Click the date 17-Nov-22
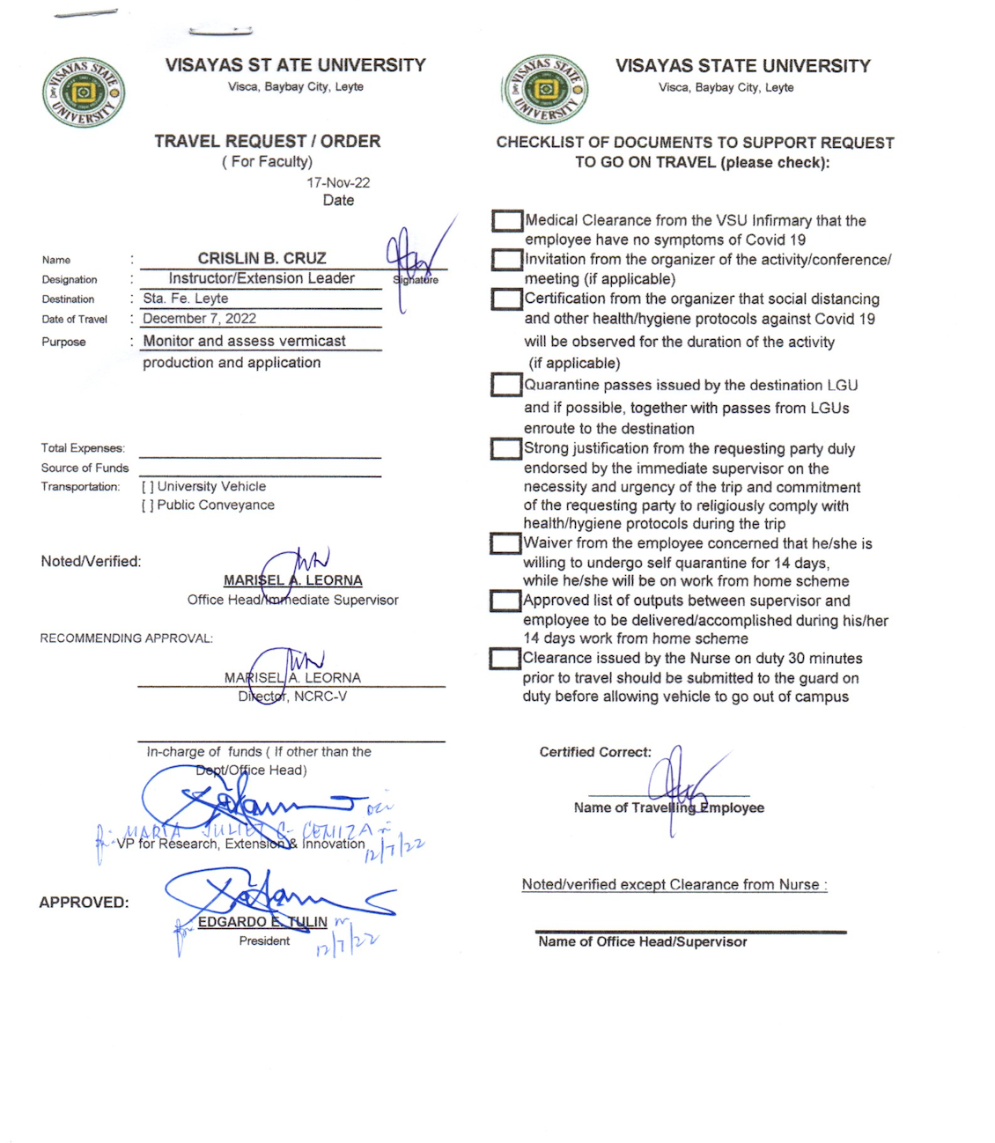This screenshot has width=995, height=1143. (338, 182)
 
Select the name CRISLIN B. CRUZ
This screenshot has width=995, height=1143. (262, 258)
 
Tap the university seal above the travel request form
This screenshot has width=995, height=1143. (84, 92)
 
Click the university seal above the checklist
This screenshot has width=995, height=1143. (545, 89)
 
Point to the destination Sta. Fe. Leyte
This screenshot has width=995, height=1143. (186, 299)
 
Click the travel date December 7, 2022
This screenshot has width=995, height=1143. (200, 319)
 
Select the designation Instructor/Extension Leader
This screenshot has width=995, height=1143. (262, 278)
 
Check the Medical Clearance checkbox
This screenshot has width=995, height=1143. (507, 220)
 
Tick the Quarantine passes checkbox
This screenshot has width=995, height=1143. (506, 385)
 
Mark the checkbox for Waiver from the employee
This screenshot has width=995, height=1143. (505, 543)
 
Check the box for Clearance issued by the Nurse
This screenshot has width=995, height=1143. (505, 659)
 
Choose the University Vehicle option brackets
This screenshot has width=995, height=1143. (148, 486)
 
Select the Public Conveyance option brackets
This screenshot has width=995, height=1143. (148, 505)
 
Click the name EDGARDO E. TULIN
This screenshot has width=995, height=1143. (262, 922)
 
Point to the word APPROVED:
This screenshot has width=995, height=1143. (84, 903)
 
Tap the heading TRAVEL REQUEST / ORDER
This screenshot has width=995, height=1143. (268, 141)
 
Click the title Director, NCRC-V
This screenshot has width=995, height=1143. (292, 697)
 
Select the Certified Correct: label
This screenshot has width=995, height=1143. (595, 752)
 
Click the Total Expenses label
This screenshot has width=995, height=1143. (83, 448)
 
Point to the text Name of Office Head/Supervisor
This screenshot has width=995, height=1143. (643, 942)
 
